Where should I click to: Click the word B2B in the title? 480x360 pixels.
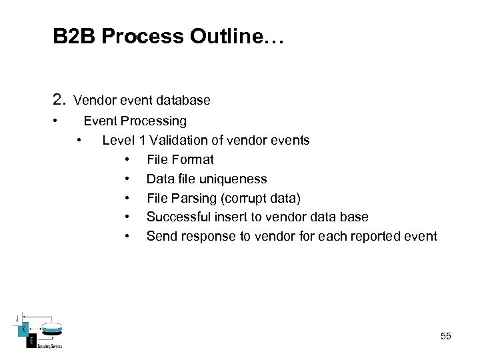pos(74,36)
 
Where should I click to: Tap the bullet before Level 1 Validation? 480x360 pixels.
pos(80,140)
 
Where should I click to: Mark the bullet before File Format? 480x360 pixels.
pos(127,159)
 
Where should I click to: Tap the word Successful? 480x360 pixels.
pos(175,217)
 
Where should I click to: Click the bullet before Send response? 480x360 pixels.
pos(127,236)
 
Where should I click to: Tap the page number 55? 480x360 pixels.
pos(446,336)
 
